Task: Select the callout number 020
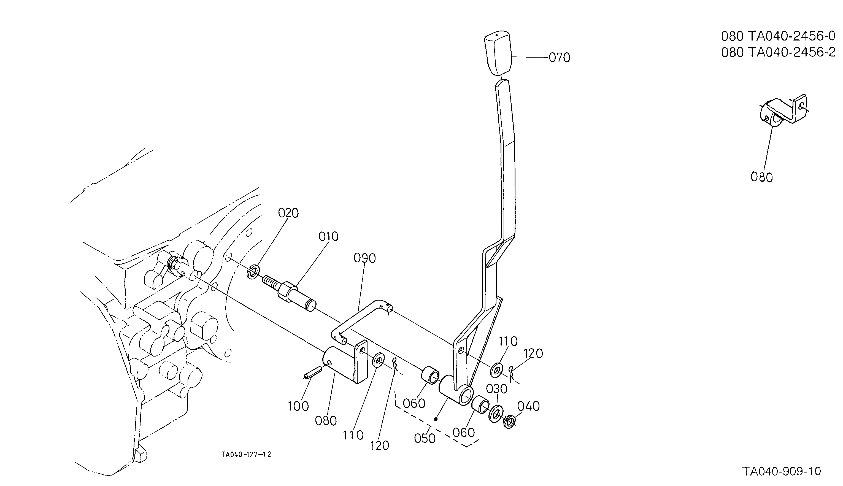288,213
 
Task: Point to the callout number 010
328,237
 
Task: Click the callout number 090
364,258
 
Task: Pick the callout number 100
298,406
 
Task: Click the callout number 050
425,439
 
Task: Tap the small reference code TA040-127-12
246,455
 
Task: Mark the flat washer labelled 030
496,414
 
